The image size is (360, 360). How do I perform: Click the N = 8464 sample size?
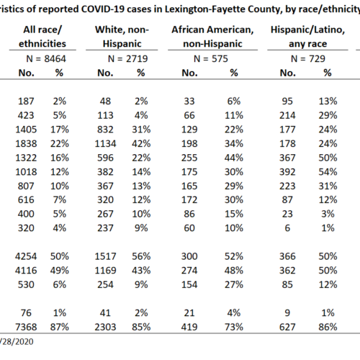point(46,59)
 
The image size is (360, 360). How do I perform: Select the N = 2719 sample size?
point(127,59)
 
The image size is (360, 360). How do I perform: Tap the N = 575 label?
point(211,59)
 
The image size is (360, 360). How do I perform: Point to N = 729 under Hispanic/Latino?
point(308,59)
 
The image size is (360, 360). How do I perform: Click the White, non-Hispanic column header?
point(122,37)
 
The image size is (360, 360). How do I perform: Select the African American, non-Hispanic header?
point(212,37)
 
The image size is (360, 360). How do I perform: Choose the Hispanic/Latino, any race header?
point(307,37)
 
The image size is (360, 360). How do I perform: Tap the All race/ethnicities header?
point(42,37)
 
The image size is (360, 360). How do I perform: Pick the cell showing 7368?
point(26,327)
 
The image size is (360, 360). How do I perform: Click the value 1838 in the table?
point(26,144)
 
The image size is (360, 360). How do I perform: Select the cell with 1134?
point(105,144)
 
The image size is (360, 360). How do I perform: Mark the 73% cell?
point(234,327)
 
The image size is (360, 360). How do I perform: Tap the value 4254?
point(26,256)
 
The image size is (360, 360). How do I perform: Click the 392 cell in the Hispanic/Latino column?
point(287,172)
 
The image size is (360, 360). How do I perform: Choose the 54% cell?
point(328,172)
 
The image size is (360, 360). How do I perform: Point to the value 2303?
point(105,327)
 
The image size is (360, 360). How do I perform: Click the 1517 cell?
point(105,256)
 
